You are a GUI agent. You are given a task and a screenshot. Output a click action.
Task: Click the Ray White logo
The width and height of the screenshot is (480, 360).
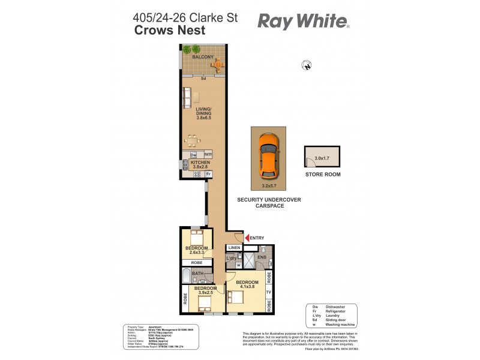coord(303,22)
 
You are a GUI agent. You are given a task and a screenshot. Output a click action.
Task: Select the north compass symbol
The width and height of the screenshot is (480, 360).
coord(308,67)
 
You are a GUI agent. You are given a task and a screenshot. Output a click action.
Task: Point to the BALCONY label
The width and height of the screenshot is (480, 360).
coord(203,57)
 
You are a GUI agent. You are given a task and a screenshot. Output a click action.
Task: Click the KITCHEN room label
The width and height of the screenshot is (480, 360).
coord(199,162)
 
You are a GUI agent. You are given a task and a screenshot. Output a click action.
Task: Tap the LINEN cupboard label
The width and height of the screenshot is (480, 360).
coord(234,248)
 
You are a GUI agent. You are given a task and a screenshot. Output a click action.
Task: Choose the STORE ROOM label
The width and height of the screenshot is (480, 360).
coord(323,175)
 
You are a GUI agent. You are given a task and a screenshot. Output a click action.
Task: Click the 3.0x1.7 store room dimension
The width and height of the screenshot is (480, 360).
coord(323,158)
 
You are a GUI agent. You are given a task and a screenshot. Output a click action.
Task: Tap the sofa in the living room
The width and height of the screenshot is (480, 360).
coord(187,97)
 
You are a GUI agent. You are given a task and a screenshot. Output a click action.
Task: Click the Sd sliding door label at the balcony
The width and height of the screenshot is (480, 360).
coord(203,79)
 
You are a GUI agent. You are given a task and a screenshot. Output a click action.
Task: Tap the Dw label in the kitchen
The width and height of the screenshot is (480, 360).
coord(193,155)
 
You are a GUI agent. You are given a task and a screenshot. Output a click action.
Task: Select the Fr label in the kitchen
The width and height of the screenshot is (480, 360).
coord(208,174)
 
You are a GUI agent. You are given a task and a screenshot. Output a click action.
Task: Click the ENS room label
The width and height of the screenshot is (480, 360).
coord(262,257)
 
